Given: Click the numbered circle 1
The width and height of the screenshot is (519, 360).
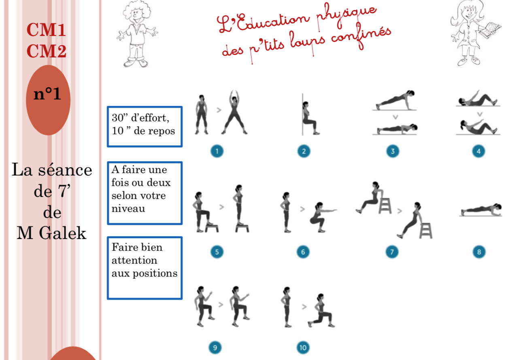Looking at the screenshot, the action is point(217,151).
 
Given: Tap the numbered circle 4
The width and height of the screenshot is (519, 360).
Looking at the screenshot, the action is point(479,151).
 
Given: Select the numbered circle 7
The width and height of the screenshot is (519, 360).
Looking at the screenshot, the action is point(392,252).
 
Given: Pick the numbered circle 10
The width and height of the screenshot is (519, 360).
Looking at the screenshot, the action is point(303,347).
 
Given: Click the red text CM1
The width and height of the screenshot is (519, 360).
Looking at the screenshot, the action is point(46,30).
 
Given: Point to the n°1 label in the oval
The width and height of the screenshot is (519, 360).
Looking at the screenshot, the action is point(47,93).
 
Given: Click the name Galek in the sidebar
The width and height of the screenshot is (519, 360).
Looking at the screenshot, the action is point(63,233).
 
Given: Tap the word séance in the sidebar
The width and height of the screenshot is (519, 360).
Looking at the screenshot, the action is point(65,170).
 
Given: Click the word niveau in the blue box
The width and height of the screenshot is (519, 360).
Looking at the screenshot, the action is point(128,209).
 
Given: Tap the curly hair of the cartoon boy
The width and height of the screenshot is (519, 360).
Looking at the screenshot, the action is point(137,9).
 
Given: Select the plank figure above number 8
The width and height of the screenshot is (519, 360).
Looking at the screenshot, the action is point(481,210).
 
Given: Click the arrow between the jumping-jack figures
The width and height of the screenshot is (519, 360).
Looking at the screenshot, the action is point(219,110).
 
